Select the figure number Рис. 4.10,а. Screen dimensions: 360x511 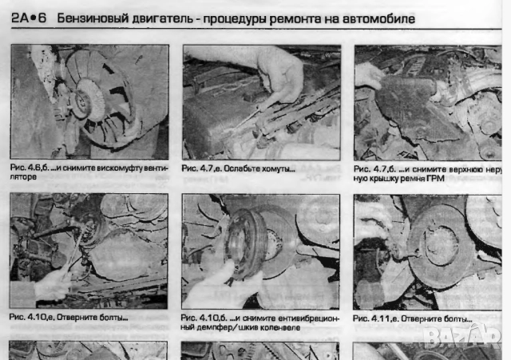tap(34, 317)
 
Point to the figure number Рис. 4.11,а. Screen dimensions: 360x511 tap(378, 317)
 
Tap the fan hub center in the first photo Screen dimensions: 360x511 tap(83, 97)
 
